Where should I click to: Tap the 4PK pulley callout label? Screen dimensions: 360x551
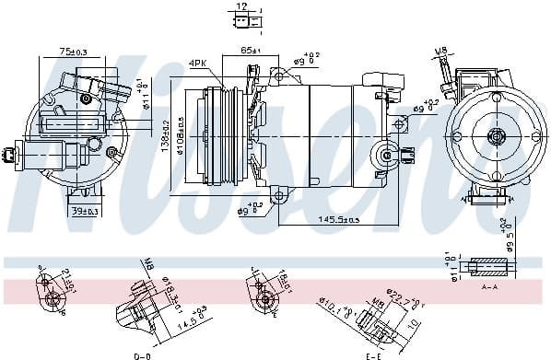199,63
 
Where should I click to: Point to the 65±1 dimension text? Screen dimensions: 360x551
249,49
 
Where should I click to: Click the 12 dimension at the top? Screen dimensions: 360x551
241,6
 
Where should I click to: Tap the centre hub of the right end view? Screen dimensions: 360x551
496,137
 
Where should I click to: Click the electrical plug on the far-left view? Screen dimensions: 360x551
10,157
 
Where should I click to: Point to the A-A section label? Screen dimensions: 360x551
489,287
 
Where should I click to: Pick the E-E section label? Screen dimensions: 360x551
373,354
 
